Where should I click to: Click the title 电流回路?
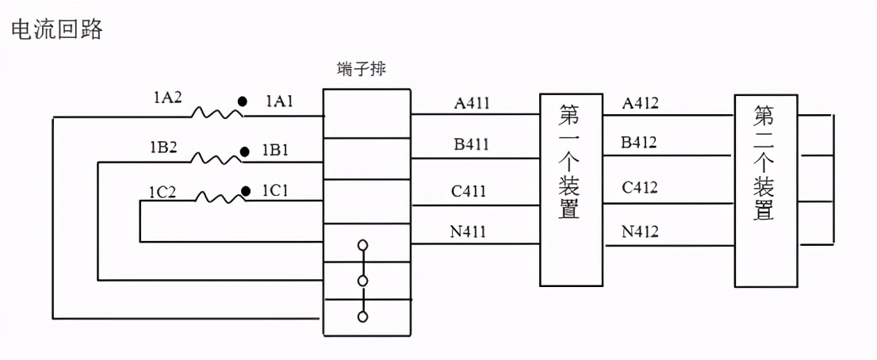coord(56,29)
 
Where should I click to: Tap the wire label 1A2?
coord(168,99)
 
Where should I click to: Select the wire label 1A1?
coord(280,101)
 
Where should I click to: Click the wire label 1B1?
coord(275,149)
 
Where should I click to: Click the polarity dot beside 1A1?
coord(244,101)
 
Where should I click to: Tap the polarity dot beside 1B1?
coord(245,149)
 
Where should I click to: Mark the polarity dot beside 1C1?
coord(246,190)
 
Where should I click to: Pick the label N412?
coord(640,232)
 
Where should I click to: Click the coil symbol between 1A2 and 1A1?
coord(216,114)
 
